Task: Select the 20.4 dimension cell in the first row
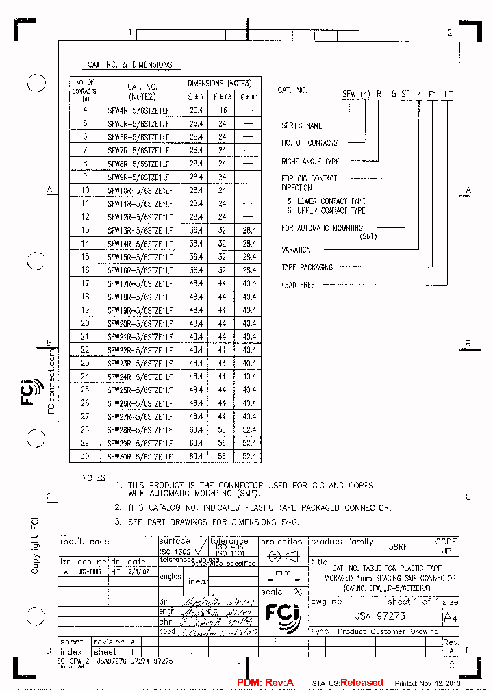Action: (197, 110)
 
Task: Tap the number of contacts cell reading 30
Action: (85, 456)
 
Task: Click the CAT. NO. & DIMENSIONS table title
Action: (130, 65)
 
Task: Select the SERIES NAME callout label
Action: (302, 126)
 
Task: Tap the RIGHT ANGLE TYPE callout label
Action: (310, 162)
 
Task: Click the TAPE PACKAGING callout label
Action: (307, 267)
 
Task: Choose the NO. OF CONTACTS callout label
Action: (309, 143)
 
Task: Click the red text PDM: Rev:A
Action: (265, 683)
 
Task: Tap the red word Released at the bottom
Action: (362, 683)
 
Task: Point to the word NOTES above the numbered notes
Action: (94, 477)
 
